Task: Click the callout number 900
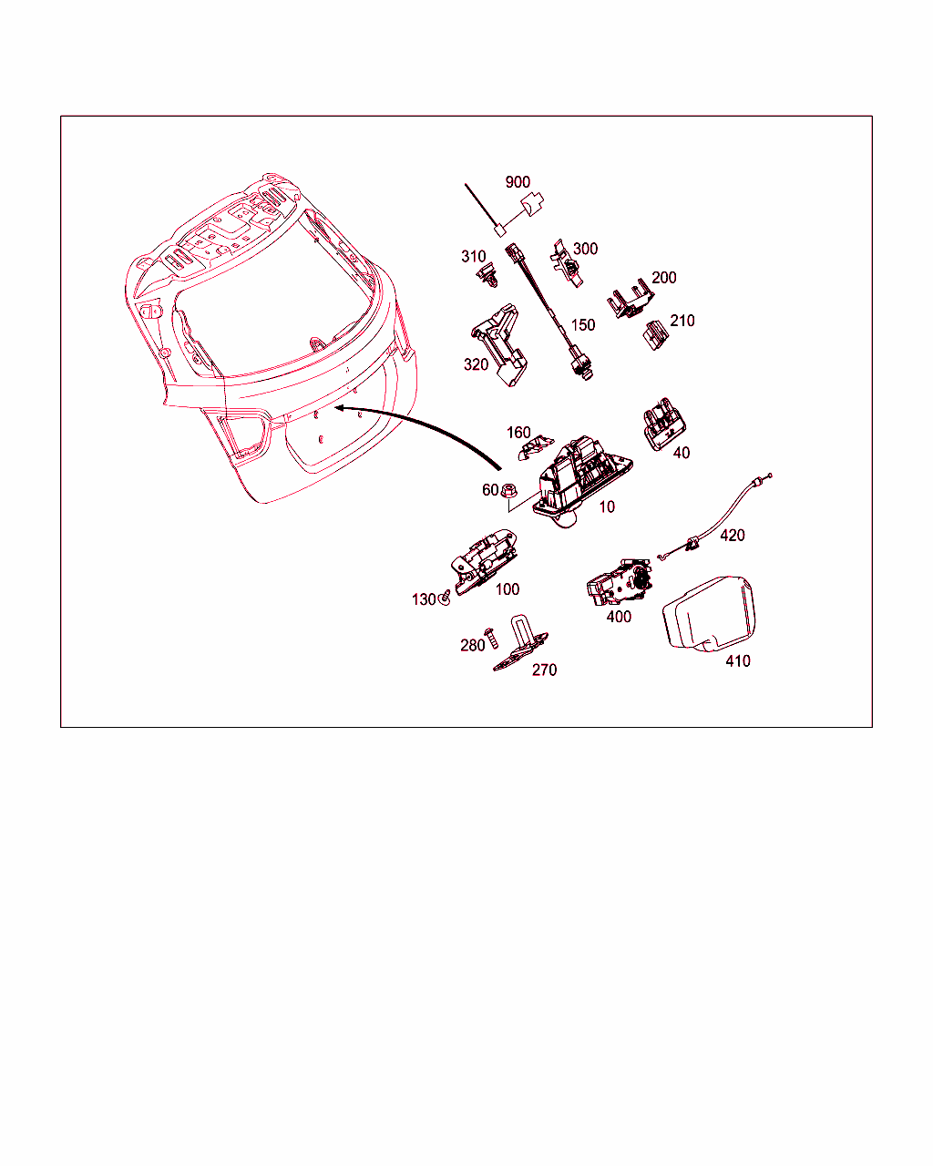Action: click(x=518, y=182)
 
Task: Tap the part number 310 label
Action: click(x=473, y=256)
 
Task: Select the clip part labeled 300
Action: click(x=568, y=263)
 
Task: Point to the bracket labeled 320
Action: click(x=499, y=344)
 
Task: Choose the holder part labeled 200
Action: click(x=630, y=299)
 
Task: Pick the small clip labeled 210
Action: click(x=655, y=335)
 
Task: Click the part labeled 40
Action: click(x=664, y=424)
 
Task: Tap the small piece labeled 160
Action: click(x=535, y=447)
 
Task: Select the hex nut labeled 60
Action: click(x=508, y=491)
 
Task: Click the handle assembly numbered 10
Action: click(x=581, y=481)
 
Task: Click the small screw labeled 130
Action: click(x=445, y=598)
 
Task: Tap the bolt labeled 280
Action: click(x=491, y=639)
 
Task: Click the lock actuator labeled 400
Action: click(x=619, y=582)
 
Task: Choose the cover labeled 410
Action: click(x=708, y=614)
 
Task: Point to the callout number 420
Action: click(x=732, y=536)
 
